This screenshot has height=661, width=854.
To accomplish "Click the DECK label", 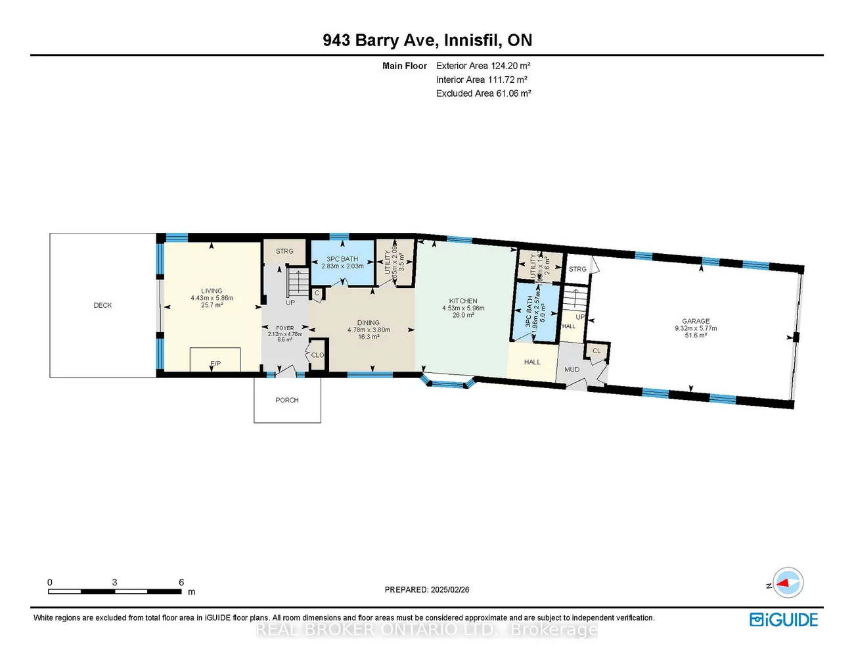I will (102, 305).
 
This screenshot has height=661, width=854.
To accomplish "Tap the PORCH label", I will (287, 400).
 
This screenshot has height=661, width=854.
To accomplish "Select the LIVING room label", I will (212, 291).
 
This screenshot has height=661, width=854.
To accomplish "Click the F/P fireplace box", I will (215, 360).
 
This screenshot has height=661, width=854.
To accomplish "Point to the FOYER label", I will (285, 328).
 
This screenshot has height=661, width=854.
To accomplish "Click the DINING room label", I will (369, 323).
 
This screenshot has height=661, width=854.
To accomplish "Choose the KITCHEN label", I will (463, 301).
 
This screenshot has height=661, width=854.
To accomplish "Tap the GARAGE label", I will (696, 321).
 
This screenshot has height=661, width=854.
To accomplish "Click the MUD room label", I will (572, 370).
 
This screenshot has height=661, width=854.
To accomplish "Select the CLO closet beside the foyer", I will (317, 355).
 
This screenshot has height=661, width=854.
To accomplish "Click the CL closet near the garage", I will (596, 351).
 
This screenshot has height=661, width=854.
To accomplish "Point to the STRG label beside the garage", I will (577, 269).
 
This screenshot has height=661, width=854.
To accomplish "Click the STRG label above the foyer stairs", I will (284, 251).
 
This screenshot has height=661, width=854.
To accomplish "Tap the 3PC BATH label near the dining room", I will (342, 259).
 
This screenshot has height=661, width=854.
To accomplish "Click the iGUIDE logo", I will (784, 620).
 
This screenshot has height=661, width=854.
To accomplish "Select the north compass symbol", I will (788, 583).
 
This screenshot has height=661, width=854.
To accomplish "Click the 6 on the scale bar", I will (181, 582).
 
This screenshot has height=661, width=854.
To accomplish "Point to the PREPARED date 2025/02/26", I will (427, 590).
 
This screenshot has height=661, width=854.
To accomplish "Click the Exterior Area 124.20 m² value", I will (483, 66).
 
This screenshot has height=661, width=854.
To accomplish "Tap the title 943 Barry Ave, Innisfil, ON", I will (427, 40).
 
